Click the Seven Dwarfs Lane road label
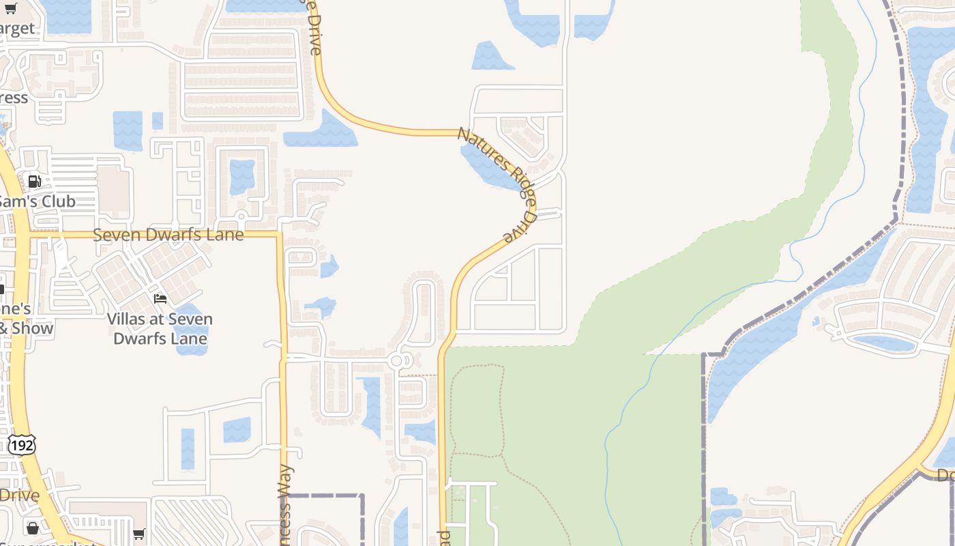(x=168, y=235)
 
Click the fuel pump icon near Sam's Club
(x=34, y=182)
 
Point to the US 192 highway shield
(x=22, y=445)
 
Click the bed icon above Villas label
(x=160, y=299)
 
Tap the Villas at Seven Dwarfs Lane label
(x=160, y=329)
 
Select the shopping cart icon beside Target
(x=11, y=9)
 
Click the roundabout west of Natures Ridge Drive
(x=396, y=360)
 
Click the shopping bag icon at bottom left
(x=32, y=528)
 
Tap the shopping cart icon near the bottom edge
(x=139, y=533)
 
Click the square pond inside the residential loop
(x=241, y=176)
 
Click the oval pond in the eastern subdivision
(x=883, y=343)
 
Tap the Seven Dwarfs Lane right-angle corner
(x=279, y=235)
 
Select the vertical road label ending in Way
(x=285, y=505)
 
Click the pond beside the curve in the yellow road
(x=321, y=131)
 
